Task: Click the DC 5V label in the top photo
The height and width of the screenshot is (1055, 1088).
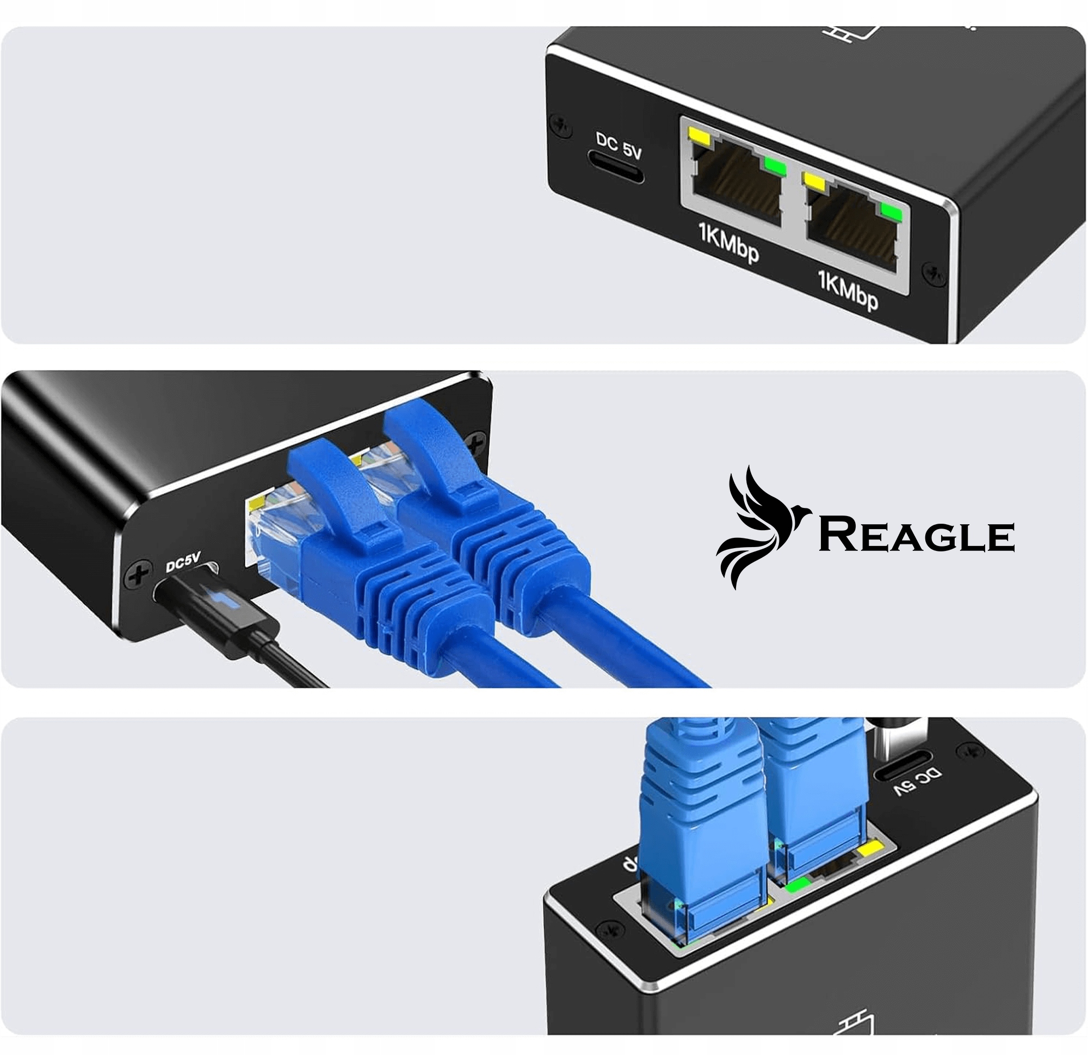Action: [x=619, y=146]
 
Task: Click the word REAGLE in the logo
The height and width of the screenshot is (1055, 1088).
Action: [x=917, y=536]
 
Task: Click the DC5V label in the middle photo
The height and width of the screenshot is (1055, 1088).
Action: [x=183, y=563]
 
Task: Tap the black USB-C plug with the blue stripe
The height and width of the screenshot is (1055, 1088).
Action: [x=222, y=607]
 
